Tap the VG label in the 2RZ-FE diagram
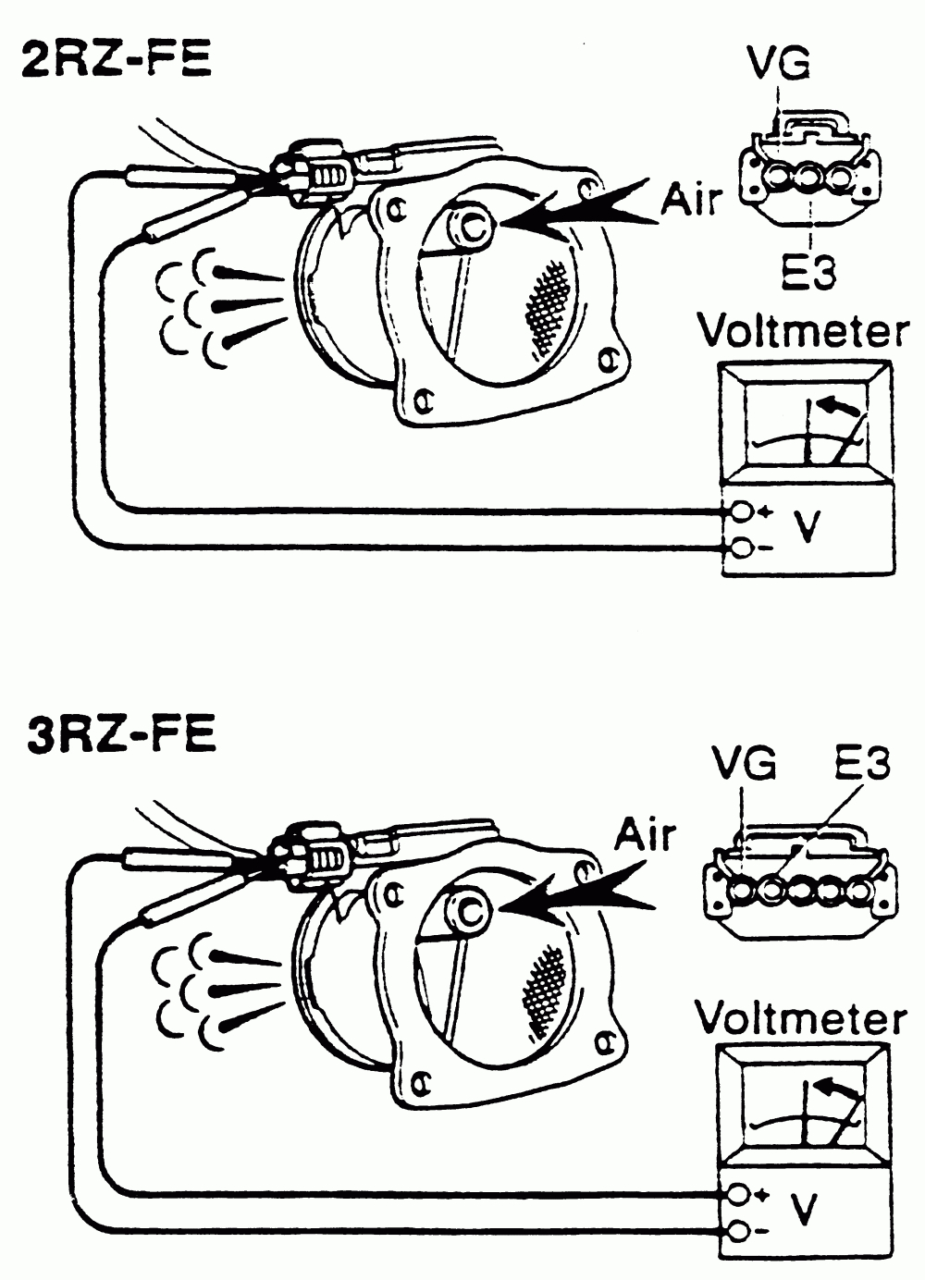pyautogui.click(x=778, y=64)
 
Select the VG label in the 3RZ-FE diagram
pyautogui.click(x=745, y=764)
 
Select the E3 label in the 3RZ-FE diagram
pyautogui.click(x=860, y=764)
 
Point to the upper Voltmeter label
pyautogui.click(x=803, y=332)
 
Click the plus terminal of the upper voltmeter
pyautogui.click(x=741, y=511)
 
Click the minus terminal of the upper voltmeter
pyautogui.click(x=741, y=548)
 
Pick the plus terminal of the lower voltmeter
pyautogui.click(x=738, y=1195)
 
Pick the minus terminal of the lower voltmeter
pyautogui.click(x=738, y=1232)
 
